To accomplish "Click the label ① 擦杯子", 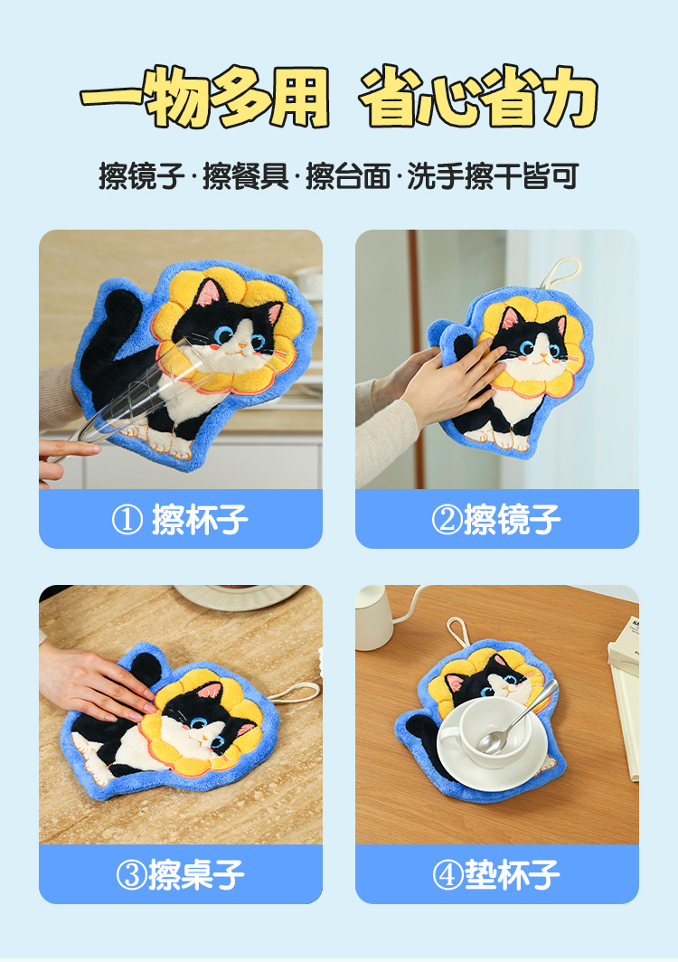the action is coord(180,520).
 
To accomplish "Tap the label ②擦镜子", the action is coord(495,520).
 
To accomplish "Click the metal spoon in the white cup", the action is coord(517,718).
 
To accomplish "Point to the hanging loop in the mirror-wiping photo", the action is coord(560,272).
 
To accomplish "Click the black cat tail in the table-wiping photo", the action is coord(146,670).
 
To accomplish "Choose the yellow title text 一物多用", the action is coord(205,97).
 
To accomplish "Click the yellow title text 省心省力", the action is coord(478,97).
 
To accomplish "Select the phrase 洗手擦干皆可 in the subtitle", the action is coord(493,176).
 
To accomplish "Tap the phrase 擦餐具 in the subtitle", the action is coord(245,176).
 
